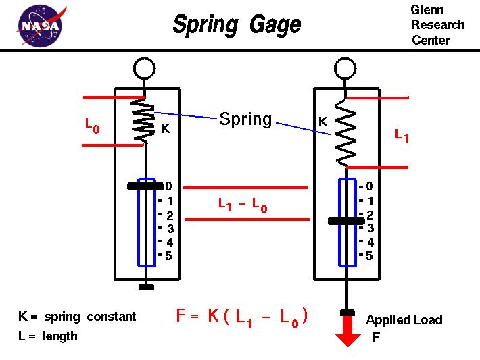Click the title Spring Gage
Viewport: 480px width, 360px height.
[x=236, y=25]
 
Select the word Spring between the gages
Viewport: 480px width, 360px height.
[x=245, y=120]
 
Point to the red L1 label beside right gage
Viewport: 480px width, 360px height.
[x=402, y=135]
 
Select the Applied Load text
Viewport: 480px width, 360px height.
[x=404, y=319]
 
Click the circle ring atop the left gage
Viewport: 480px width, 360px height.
[x=143, y=68]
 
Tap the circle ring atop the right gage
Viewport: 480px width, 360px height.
[x=345, y=68]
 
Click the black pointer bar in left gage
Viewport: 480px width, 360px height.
[x=145, y=186]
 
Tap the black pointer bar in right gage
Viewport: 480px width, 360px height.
[x=347, y=220]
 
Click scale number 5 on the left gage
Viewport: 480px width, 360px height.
[x=168, y=256]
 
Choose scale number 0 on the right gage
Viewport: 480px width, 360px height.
[x=369, y=186]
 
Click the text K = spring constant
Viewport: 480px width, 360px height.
[x=77, y=317]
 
